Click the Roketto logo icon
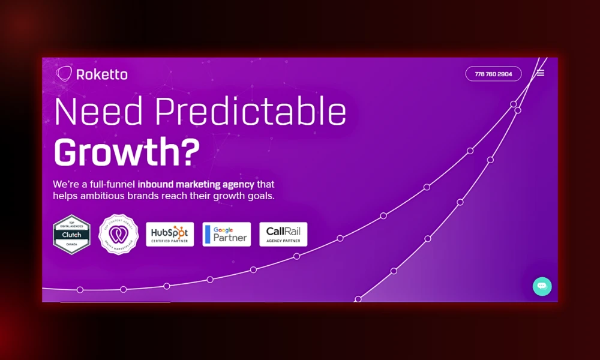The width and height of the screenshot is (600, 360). pyautogui.click(x=64, y=74)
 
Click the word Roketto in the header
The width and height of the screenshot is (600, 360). pyautogui.click(x=101, y=74)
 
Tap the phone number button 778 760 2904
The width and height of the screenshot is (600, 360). pyautogui.click(x=493, y=74)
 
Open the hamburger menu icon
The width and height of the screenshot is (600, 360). pyautogui.click(x=541, y=73)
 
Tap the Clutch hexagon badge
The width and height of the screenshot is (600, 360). pyautogui.click(x=71, y=235)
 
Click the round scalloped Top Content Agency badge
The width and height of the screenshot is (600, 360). pyautogui.click(x=118, y=235)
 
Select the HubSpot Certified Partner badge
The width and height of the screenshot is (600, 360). pyautogui.click(x=170, y=234)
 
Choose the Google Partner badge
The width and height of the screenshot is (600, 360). pyautogui.click(x=226, y=234)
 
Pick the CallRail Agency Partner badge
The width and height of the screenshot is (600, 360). pyautogui.click(x=283, y=234)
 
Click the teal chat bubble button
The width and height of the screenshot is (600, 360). pyautogui.click(x=542, y=286)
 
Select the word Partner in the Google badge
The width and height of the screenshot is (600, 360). pyautogui.click(x=230, y=237)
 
